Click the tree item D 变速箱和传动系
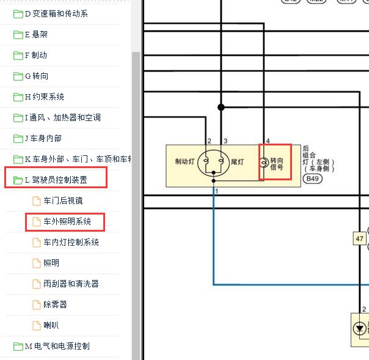56,14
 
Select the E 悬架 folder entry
36,35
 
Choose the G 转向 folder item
36,76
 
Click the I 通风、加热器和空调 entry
62,118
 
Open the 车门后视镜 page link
63,201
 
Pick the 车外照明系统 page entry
67,222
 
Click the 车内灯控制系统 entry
71,243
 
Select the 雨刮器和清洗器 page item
71,284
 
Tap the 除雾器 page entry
55,305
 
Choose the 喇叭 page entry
51,326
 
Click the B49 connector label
313,179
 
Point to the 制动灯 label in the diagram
184,162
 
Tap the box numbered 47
360,239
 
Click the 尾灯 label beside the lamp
237,162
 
